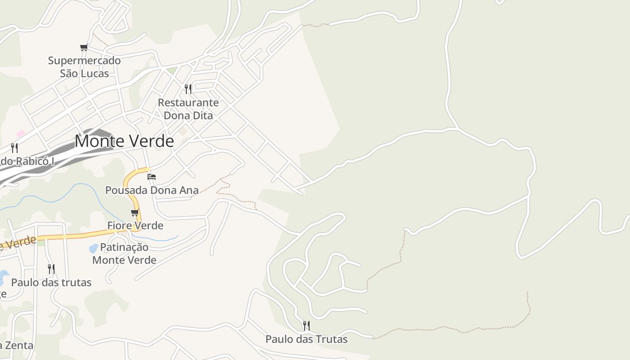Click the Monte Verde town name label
click(x=124, y=141)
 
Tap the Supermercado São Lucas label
click(x=85, y=67)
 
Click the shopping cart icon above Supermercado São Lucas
click(x=84, y=47)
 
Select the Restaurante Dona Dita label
click(x=188, y=109)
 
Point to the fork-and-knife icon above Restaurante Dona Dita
click(x=188, y=89)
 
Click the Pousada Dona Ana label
click(x=152, y=190)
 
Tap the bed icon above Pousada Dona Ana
click(x=152, y=176)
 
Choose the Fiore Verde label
click(x=135, y=225)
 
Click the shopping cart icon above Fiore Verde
click(x=135, y=212)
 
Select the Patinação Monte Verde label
click(x=124, y=253)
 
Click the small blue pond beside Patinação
click(x=94, y=248)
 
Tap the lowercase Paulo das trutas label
click(x=51, y=283)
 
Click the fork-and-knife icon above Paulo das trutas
click(x=51, y=269)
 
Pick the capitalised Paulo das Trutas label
click(x=306, y=339)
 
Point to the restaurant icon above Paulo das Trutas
click(x=306, y=325)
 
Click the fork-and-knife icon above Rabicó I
click(x=14, y=148)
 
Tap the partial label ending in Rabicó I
click(x=27, y=161)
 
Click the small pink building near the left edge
click(x=20, y=133)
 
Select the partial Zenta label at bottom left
click(x=17, y=346)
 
